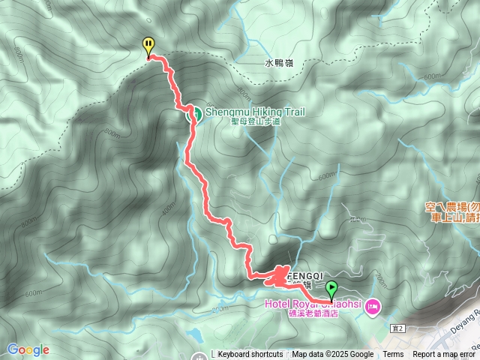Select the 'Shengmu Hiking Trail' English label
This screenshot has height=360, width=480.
click(256, 112)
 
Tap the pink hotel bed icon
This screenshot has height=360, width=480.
click(373, 306)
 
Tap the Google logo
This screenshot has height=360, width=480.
click(28, 349)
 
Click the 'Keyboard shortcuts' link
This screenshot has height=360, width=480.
click(250, 355)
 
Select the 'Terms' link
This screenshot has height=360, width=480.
click(393, 355)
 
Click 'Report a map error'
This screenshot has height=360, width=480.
click(444, 355)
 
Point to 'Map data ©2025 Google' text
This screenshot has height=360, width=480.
click(332, 355)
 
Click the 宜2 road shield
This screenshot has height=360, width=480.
click(397, 328)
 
